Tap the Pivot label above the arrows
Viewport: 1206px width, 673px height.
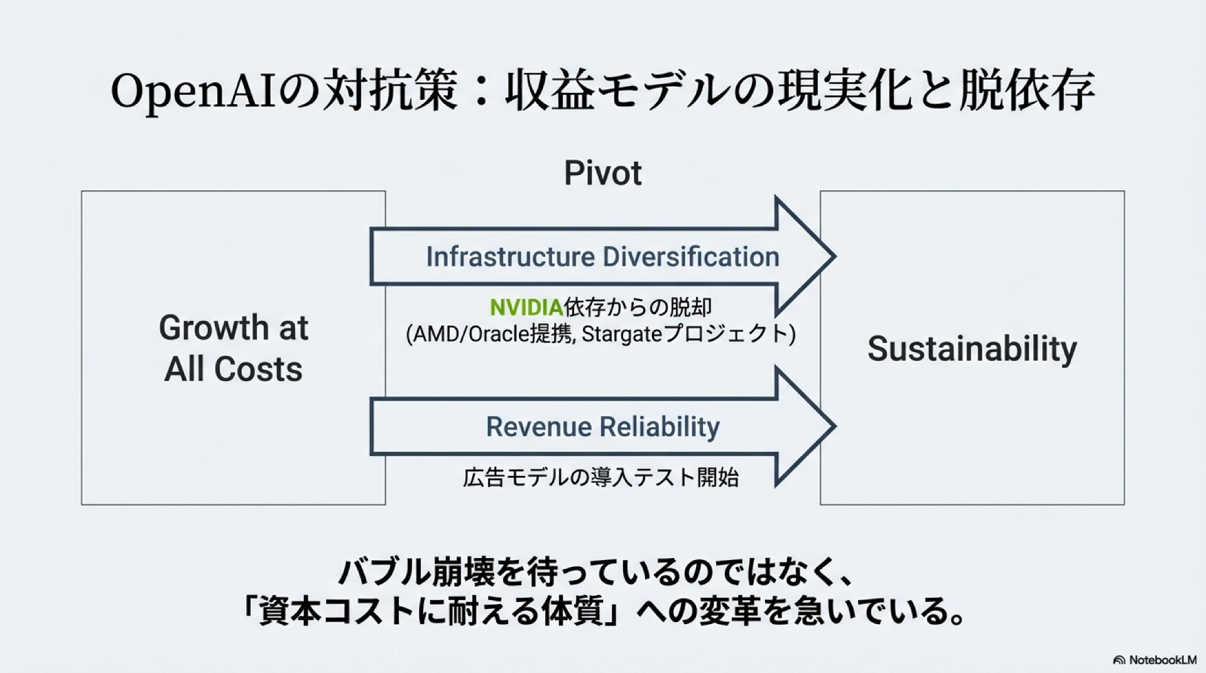click(x=603, y=173)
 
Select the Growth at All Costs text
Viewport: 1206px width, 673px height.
click(x=233, y=348)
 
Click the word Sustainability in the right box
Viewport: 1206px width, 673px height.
click(x=972, y=349)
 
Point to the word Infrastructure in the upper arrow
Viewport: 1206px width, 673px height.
click(x=510, y=257)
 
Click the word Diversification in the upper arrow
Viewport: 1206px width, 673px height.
click(x=691, y=257)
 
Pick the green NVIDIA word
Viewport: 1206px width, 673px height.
click(x=526, y=307)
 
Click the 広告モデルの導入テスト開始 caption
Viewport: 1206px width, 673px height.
click(x=601, y=478)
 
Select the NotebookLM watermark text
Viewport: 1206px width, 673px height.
click(x=1163, y=660)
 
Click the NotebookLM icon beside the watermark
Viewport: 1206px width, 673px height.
click(x=1119, y=660)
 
